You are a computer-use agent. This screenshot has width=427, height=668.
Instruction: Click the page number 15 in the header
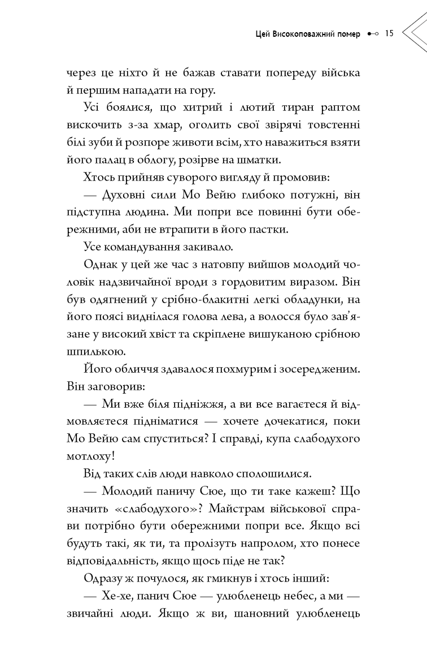coord(389,33)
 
